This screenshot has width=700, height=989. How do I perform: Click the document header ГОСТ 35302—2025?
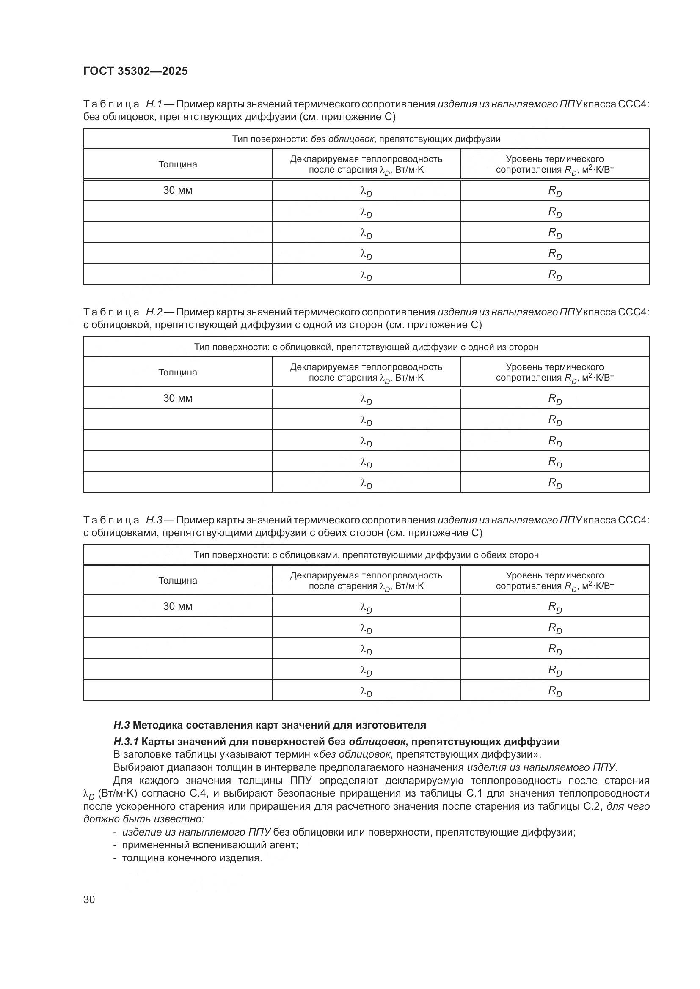tap(135, 71)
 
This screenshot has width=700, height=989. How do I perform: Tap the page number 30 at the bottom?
tap(89, 899)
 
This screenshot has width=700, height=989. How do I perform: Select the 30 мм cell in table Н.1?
tap(177, 190)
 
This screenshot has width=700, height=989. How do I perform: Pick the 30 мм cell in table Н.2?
tap(177, 398)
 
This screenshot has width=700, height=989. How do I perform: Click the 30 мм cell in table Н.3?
tap(177, 606)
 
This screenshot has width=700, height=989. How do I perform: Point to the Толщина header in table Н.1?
tap(177, 164)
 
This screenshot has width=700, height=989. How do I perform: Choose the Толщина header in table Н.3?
tap(177, 580)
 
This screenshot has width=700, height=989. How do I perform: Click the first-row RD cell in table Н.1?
tap(555, 191)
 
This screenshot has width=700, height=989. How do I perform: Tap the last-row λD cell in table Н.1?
tap(366, 275)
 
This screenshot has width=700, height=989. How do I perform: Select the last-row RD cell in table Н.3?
tap(555, 691)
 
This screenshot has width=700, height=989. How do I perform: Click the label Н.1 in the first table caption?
tap(154, 104)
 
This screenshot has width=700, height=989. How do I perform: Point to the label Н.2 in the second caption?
tap(154, 312)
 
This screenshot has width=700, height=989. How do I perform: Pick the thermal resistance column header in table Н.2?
tap(555, 372)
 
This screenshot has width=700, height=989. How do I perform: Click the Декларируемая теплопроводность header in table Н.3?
tap(366, 580)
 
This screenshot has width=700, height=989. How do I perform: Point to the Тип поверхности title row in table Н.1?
tap(366, 139)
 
